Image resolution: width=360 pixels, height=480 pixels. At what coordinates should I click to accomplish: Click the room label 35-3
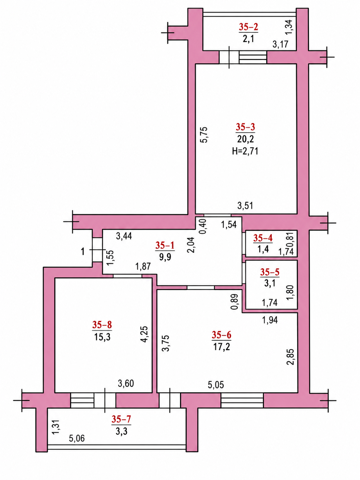click(245, 127)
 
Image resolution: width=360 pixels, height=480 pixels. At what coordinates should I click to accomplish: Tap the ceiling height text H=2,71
click(245, 151)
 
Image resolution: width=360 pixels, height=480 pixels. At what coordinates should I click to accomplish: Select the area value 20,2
click(245, 139)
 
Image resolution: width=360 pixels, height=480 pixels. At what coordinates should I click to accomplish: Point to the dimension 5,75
click(204, 135)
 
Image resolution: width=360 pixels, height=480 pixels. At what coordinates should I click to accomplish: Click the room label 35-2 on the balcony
click(248, 27)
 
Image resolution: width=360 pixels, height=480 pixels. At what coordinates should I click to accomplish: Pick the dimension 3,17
click(281, 44)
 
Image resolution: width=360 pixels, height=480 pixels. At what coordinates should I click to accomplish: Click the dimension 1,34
click(288, 27)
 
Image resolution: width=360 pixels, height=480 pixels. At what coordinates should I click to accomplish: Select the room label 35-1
click(165, 246)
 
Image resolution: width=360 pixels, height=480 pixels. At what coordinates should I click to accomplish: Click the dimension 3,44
click(124, 236)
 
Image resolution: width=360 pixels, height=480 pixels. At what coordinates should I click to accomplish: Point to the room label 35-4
click(263, 238)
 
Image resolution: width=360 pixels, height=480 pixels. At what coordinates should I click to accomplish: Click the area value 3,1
click(270, 283)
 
